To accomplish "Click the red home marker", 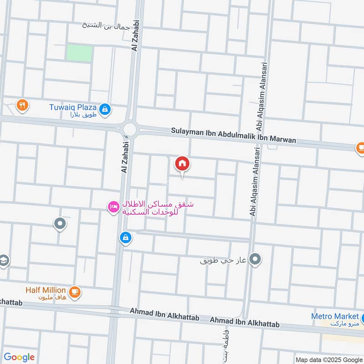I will point(182,163).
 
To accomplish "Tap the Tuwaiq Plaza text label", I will point(73,107).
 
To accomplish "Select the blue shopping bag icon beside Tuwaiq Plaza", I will point(105,109).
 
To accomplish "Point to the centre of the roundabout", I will point(130,129).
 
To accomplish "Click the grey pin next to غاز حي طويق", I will point(256,259).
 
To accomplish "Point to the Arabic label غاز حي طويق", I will point(223,261).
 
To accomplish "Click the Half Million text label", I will point(45,290).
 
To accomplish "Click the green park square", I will point(79,53).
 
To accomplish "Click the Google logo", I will point(19,357).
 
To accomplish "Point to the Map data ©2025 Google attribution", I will point(328,359).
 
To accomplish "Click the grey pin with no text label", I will point(60,223).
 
